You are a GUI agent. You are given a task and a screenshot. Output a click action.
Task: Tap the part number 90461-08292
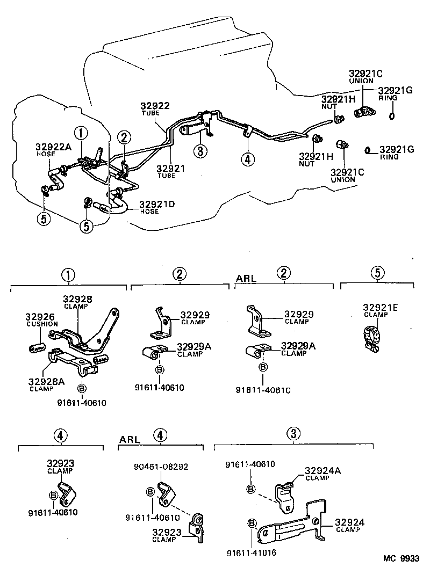pyautogui.click(x=161, y=467)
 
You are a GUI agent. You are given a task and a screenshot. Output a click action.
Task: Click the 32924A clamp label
pyautogui.click(x=323, y=473)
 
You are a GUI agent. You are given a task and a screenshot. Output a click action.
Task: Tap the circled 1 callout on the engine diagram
pyautogui.click(x=80, y=133)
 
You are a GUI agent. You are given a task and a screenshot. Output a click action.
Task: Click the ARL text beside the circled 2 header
pyautogui.click(x=246, y=279)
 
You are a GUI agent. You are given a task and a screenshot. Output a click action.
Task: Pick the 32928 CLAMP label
pyautogui.click(x=77, y=302)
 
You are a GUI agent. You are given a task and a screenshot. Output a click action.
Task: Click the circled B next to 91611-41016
pyautogui.click(x=251, y=523)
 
